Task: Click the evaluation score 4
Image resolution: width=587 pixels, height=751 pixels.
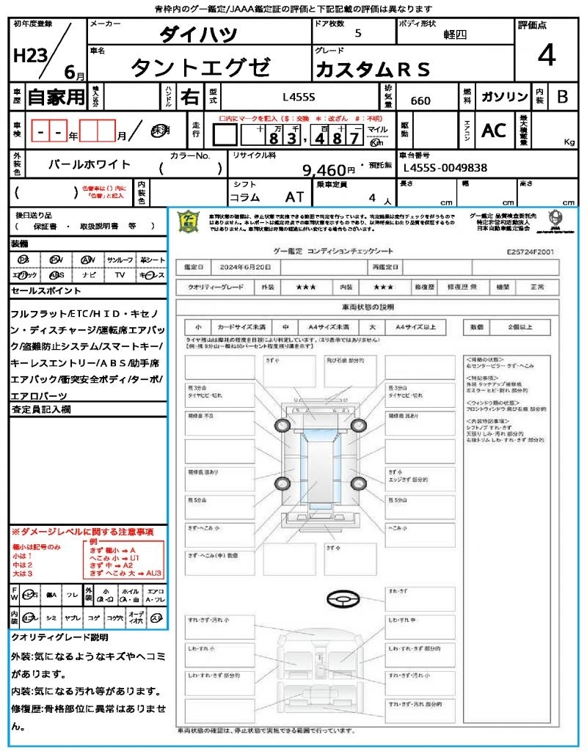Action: [546, 56]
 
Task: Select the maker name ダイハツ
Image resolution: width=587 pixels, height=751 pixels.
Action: [198, 34]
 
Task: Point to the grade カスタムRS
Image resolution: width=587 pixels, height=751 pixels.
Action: [372, 69]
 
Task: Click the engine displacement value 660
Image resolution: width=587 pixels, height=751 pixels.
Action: [420, 100]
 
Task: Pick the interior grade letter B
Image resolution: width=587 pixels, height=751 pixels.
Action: [562, 97]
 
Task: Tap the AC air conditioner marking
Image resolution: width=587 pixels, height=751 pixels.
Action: [494, 131]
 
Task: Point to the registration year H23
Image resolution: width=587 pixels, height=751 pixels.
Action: [29, 56]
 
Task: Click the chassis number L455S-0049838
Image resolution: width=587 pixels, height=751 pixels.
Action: [445, 168]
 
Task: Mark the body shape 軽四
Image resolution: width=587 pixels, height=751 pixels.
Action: [455, 34]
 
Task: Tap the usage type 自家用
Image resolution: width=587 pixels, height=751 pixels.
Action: [56, 97]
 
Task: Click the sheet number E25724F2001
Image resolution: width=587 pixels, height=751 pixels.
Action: [531, 251]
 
